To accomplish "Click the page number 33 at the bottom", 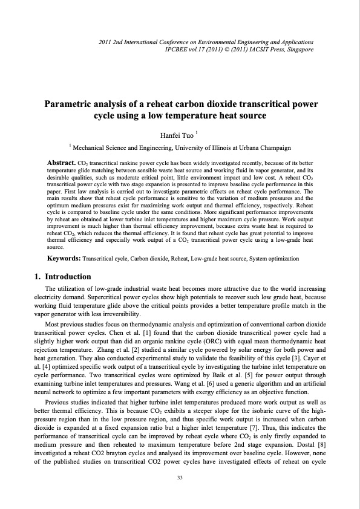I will (180, 478).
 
